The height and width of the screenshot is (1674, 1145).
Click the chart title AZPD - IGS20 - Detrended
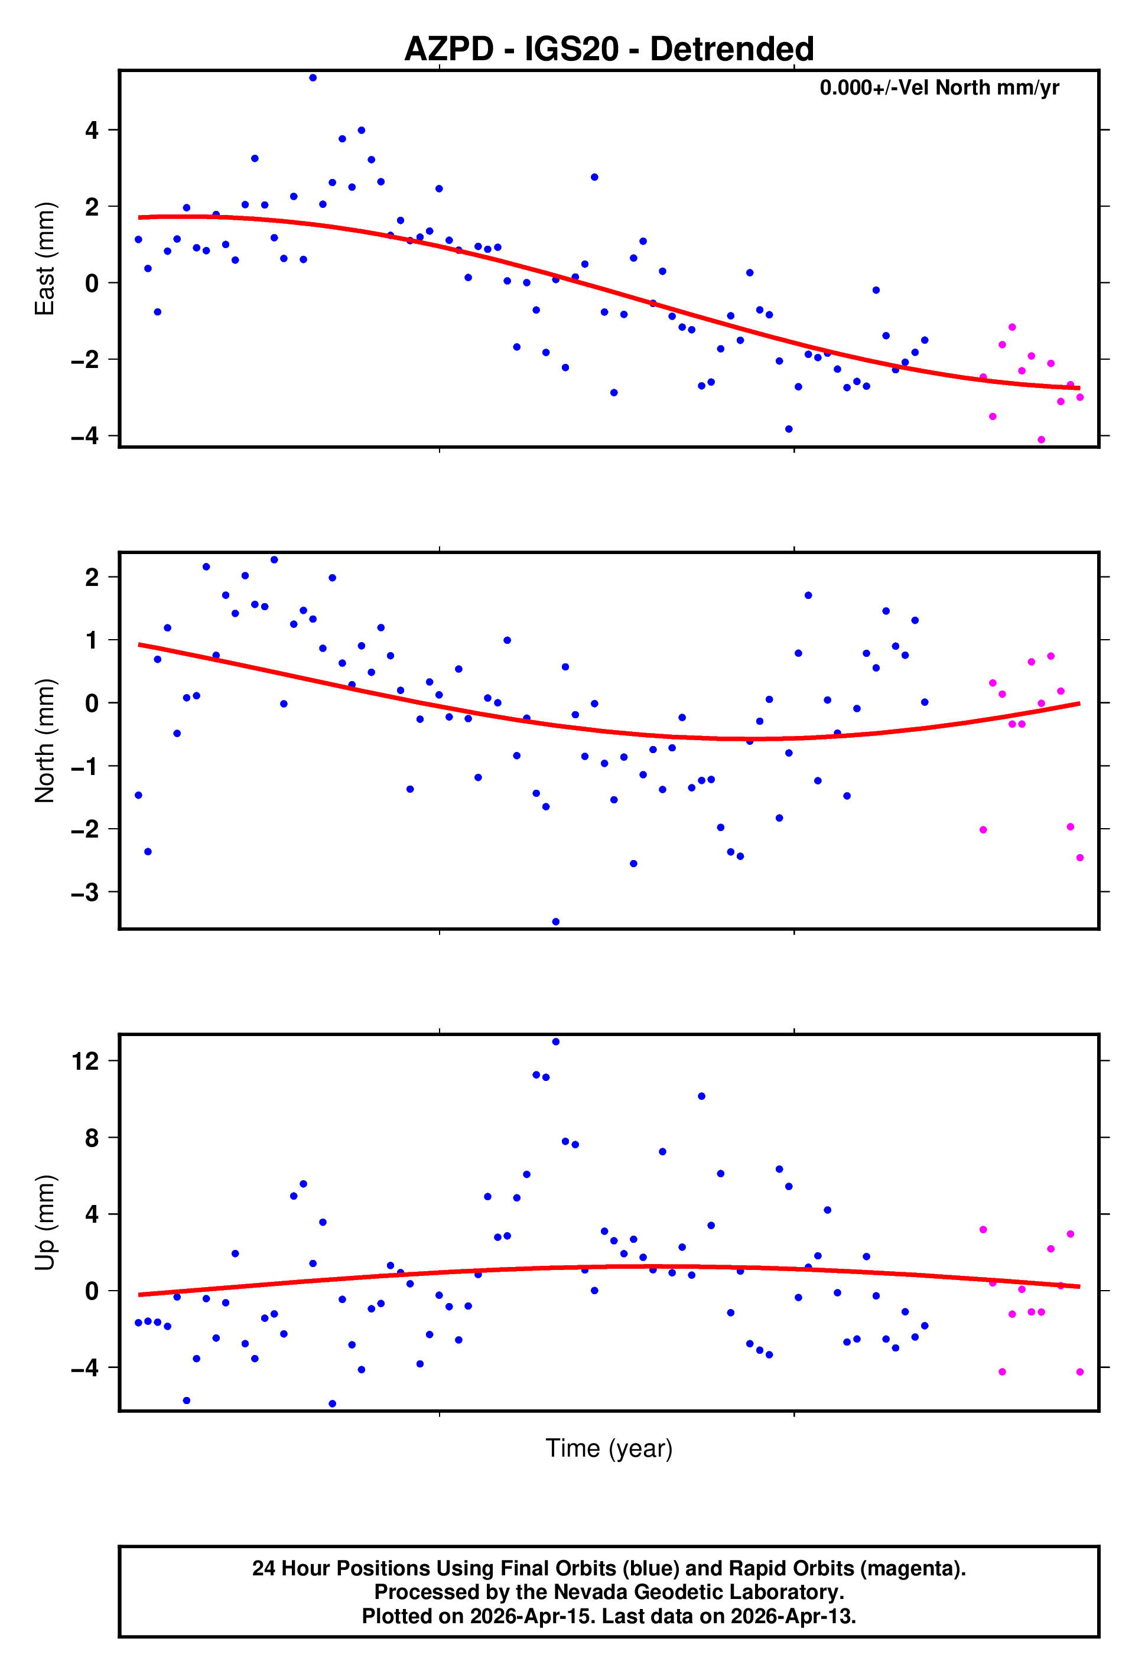coord(609,49)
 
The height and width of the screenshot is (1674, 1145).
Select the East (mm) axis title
coord(45,259)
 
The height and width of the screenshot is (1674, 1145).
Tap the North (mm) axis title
coord(45,741)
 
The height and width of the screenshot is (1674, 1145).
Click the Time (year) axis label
coord(609,1448)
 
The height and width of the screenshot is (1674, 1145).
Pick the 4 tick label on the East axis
coord(92,131)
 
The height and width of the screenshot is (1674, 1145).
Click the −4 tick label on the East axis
coord(85,436)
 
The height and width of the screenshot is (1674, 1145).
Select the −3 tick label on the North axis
coord(85,893)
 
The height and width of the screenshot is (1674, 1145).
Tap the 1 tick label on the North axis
coord(92,640)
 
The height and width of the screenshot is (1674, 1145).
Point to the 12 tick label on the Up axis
coord(85,1061)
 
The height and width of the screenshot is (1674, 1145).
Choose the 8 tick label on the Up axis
coord(92,1138)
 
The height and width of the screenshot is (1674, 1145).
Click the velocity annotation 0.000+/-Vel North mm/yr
coord(939,88)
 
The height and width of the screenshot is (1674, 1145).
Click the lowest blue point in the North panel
coord(555,922)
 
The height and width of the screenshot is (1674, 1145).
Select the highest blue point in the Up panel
coord(555,1041)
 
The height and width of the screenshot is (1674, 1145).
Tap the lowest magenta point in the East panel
coord(1041,440)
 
